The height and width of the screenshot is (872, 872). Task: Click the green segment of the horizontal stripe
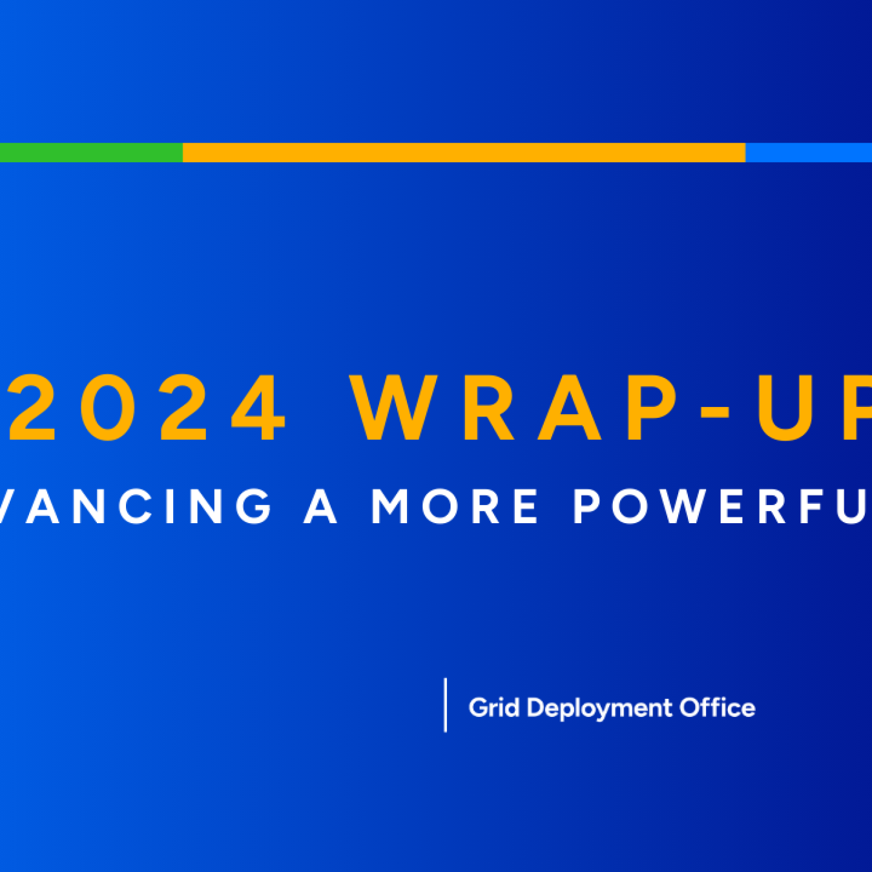point(90,152)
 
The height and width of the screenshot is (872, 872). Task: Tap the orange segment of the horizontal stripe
point(464,152)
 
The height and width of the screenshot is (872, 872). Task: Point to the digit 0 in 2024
point(106,408)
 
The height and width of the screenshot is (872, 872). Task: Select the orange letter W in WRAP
point(391,408)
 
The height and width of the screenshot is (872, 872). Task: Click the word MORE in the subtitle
point(455,506)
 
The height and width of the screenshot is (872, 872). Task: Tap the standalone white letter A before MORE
point(321,506)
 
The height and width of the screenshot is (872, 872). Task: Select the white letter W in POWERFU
point(678,506)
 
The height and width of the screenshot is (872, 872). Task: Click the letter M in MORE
point(391,506)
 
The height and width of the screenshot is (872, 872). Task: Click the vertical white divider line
point(445,705)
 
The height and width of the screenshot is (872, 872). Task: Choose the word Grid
point(494,708)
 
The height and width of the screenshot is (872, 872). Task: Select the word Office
point(717,708)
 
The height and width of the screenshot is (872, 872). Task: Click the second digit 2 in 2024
point(183,408)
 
